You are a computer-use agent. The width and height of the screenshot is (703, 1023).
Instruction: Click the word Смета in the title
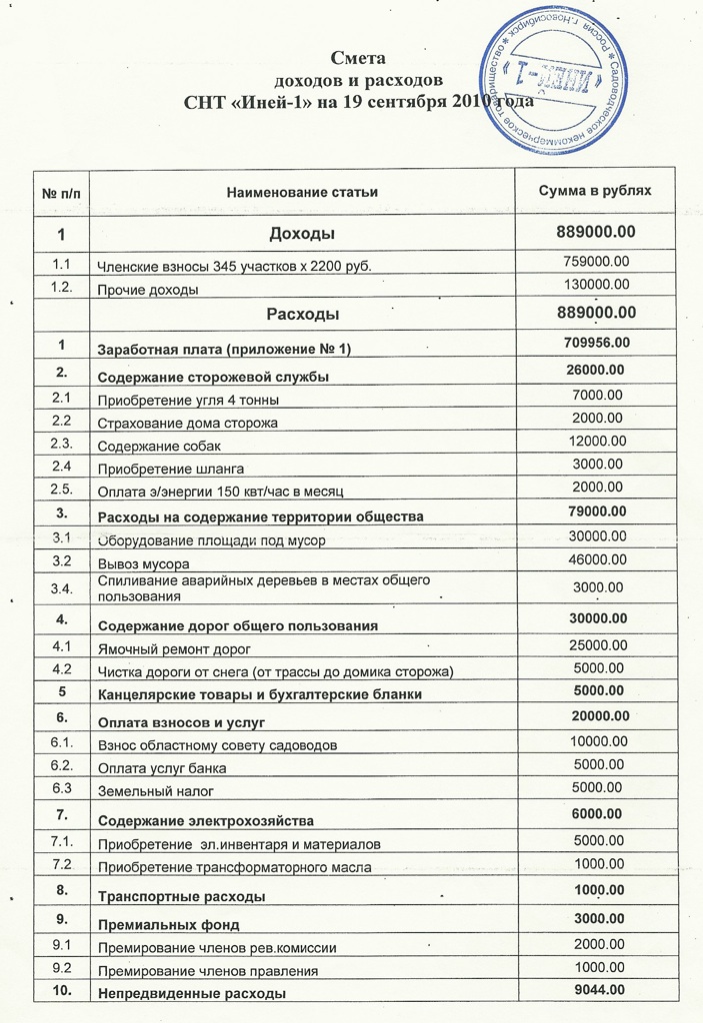click(357, 58)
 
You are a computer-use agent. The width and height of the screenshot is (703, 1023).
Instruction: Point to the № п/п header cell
click(62, 191)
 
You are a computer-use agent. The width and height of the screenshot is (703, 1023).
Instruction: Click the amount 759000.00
click(597, 261)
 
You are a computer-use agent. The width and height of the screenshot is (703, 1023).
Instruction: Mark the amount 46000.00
click(597, 560)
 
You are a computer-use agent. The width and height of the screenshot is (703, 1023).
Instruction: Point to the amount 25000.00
click(597, 645)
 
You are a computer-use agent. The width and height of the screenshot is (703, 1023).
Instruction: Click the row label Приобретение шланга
click(170, 469)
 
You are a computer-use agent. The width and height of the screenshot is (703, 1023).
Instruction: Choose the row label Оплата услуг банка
click(162, 768)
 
